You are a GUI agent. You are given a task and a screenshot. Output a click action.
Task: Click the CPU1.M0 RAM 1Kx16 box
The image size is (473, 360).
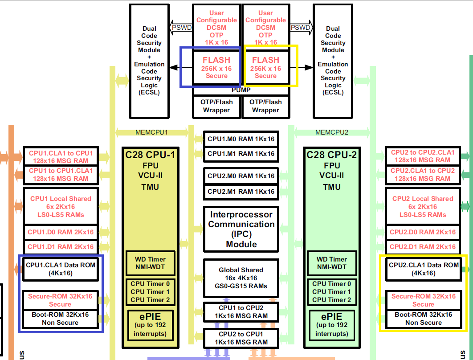241,139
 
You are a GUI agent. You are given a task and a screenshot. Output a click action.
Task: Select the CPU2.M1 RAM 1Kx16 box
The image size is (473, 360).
241,191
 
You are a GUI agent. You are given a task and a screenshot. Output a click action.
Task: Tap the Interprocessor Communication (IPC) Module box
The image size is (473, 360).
241,229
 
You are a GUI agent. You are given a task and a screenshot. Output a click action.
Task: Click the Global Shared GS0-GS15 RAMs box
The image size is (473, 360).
241,278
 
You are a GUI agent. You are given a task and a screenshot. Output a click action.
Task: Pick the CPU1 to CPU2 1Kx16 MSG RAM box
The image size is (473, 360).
241,312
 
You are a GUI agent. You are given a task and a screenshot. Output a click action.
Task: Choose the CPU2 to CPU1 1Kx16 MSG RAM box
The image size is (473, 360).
241,338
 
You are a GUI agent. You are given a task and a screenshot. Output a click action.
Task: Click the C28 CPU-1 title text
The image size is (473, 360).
150,155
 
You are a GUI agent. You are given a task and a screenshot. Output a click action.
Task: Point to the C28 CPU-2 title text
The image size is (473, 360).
332,155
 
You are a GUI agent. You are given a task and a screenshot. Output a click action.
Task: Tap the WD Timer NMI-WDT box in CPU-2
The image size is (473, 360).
332,263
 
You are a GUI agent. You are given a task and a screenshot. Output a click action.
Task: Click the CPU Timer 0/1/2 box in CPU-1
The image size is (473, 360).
150,291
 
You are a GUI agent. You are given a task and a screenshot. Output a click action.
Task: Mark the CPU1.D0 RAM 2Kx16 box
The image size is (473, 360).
61,232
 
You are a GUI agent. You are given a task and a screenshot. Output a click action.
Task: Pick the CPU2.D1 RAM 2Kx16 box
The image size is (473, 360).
423,247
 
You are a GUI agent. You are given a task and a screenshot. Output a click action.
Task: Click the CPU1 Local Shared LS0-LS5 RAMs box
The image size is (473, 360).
61,207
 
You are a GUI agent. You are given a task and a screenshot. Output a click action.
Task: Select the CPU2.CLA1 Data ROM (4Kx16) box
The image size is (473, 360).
423,269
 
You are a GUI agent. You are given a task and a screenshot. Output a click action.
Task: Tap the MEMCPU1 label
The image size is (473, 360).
151,132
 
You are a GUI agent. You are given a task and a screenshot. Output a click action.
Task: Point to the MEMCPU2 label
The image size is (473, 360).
332,132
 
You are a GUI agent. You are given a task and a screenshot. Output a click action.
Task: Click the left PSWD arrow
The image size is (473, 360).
182,28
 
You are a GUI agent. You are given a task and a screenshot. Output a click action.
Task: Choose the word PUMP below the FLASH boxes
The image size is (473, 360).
241,90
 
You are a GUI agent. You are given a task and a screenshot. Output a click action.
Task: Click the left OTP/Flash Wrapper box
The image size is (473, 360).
216,106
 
